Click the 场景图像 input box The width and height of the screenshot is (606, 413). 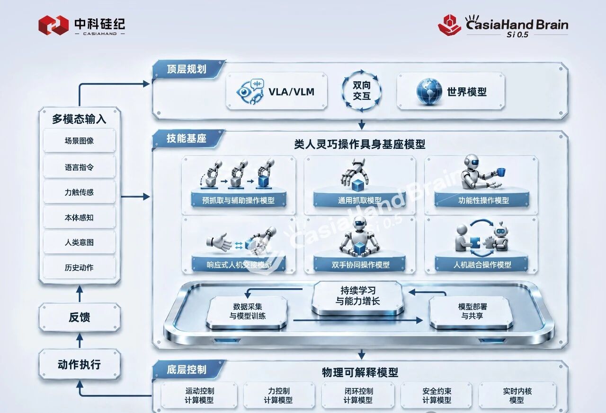point(79,140)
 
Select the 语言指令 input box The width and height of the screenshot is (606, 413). point(79,167)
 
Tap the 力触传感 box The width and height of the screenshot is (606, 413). point(79,192)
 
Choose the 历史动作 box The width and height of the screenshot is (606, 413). point(79,267)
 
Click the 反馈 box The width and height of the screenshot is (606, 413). point(80,317)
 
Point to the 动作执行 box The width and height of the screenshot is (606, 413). point(80,364)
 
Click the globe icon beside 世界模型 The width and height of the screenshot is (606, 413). point(429,92)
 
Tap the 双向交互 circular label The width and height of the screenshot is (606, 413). point(362,91)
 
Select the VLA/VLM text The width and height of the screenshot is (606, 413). point(291,92)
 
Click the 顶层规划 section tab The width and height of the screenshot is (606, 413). point(187,69)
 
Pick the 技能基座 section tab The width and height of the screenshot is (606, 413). point(187,138)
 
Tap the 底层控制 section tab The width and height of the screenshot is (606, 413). point(187,369)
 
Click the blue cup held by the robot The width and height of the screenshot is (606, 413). point(501,172)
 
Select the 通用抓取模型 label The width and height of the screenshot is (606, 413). point(359,200)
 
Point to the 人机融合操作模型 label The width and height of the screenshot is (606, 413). point(482,265)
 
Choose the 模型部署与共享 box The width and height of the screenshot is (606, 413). point(472,312)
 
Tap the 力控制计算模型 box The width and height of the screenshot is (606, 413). point(279,395)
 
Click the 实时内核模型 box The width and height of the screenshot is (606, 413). point(517,395)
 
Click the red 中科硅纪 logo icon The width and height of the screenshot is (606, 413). point(53,25)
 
